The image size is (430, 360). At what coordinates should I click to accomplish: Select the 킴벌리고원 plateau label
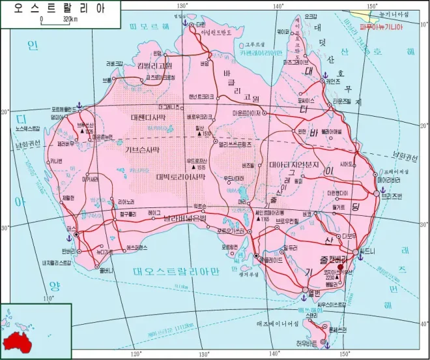(154, 65)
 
